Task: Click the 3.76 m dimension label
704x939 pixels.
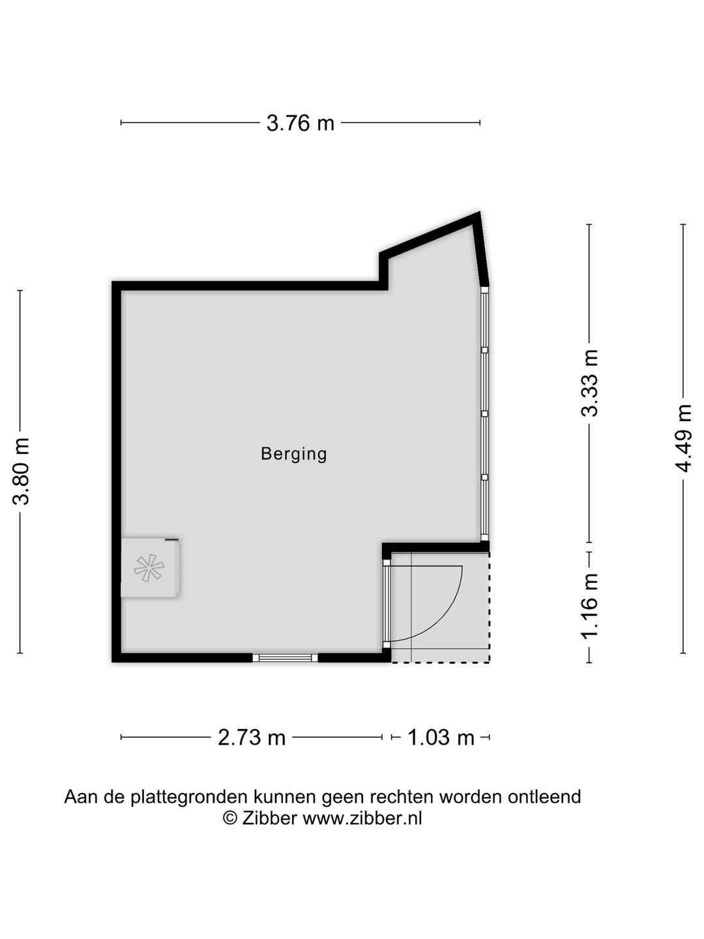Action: (300, 124)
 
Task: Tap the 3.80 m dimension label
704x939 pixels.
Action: (21, 471)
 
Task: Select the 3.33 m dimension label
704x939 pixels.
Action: (589, 383)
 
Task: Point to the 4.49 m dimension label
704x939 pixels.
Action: (682, 438)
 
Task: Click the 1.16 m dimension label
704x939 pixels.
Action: (589, 606)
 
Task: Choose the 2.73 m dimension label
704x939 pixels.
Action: (252, 737)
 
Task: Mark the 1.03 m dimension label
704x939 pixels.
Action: (441, 737)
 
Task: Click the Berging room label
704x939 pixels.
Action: (293, 454)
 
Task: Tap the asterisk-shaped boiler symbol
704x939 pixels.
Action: (149, 568)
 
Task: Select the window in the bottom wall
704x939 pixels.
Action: (285, 657)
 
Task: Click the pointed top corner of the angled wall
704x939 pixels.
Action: (479, 212)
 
